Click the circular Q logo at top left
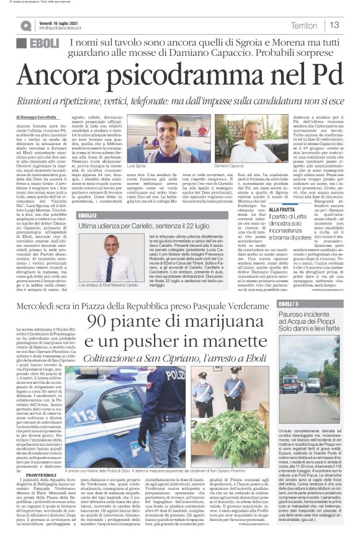tap(25, 25)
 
